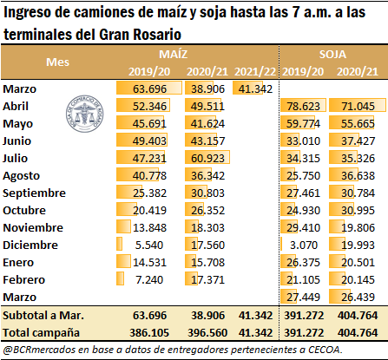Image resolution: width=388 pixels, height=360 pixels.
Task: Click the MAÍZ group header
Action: coord(173,55)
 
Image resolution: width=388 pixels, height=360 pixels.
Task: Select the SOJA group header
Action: coord(332,55)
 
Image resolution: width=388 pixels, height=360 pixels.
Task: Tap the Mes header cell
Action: coord(58,62)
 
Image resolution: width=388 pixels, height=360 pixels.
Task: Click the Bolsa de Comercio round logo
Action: coord(85,114)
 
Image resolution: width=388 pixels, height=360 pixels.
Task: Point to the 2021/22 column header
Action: coord(255,72)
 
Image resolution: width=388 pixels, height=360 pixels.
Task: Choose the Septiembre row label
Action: coord(34,193)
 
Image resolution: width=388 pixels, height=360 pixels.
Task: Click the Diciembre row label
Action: coord(30,245)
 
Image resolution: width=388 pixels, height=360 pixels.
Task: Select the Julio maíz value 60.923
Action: coord(207,158)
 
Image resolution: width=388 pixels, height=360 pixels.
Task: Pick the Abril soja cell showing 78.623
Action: coord(303,106)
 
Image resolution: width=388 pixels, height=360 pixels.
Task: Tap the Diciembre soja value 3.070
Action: coord(304,245)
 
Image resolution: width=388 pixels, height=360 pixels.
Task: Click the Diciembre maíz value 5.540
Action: coord(149,245)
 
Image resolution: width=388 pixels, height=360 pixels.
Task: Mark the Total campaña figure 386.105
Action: coord(149,332)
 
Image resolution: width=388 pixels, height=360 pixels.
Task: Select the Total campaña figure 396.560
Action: coord(207,332)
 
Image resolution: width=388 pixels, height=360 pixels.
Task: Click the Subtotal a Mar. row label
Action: coord(43,315)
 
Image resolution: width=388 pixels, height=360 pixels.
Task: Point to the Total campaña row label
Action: coord(41,332)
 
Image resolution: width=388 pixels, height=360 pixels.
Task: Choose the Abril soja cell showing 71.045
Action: coord(358,106)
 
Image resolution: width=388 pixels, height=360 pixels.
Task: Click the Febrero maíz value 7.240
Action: coord(149,279)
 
